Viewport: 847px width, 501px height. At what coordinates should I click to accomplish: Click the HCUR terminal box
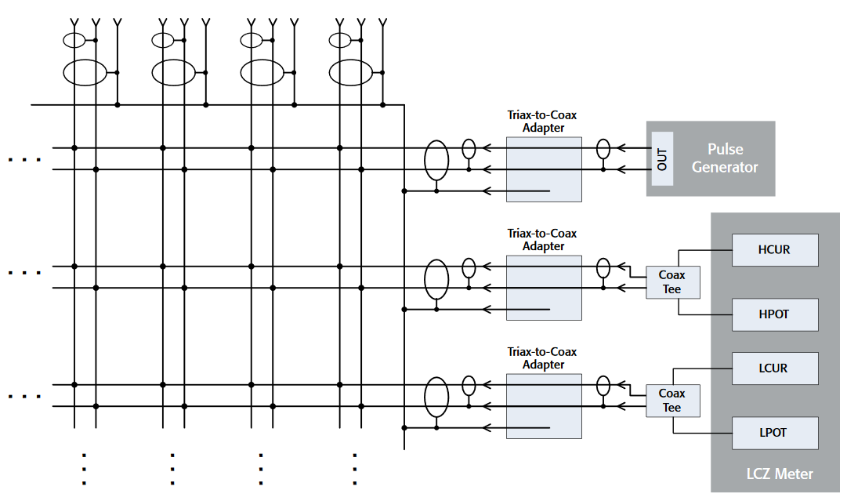tap(774, 250)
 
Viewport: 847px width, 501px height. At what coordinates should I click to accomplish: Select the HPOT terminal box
tap(774, 314)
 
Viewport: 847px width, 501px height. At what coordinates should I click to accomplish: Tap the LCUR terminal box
tap(774, 368)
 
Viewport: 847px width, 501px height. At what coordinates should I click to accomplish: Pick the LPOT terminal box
tap(774, 433)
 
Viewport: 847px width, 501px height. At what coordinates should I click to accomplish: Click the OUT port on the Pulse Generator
tap(662, 159)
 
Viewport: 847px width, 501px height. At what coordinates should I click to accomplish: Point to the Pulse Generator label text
tap(725, 158)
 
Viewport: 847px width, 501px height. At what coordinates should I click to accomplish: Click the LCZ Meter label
tap(779, 474)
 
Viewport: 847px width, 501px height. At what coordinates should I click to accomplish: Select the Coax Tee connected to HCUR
tap(672, 282)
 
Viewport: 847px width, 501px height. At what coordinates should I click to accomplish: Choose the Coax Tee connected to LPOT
tap(672, 401)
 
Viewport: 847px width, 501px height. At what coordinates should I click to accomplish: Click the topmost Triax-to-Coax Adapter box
tap(544, 169)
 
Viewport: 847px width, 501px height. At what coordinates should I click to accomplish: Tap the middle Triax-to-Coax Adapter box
tap(544, 287)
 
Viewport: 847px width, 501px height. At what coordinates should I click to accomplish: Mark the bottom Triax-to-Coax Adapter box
tap(544, 405)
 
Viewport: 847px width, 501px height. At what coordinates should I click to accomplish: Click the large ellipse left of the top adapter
tap(436, 160)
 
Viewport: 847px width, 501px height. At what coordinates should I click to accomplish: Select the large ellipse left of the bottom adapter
tap(436, 397)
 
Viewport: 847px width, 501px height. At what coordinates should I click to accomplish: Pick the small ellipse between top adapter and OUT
tap(603, 148)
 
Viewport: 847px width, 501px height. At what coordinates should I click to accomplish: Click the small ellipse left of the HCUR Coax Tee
tap(603, 268)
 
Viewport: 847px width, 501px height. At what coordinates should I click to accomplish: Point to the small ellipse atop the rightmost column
tap(339, 40)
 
